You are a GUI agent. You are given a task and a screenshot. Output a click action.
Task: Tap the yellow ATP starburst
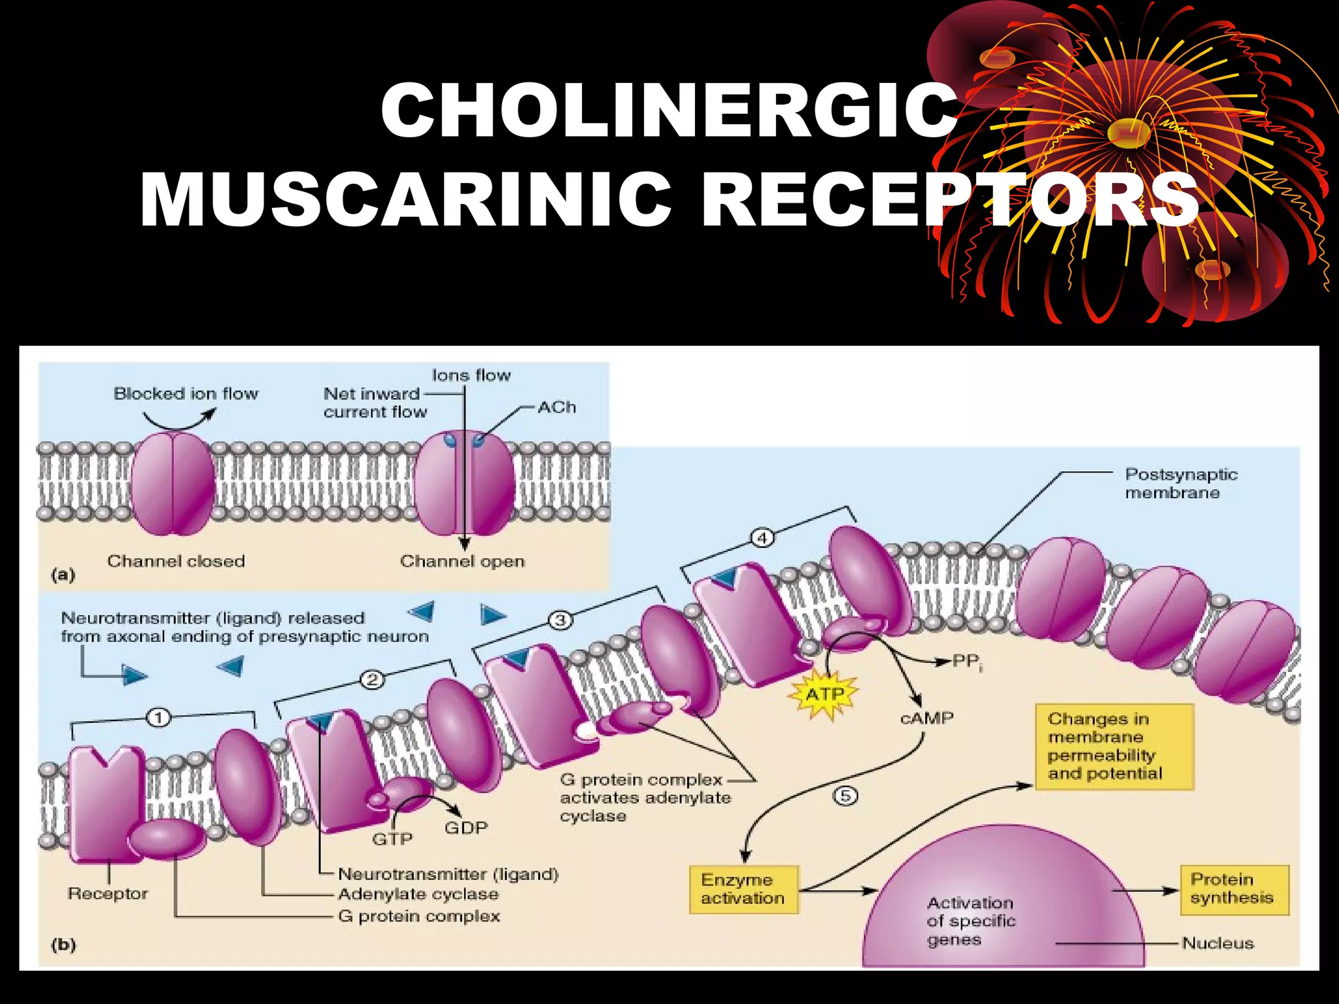(x=825, y=694)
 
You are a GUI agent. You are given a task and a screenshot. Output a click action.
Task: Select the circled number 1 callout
(x=159, y=718)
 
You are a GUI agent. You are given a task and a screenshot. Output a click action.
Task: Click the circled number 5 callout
(x=845, y=795)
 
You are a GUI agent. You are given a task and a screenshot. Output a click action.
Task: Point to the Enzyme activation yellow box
(x=743, y=889)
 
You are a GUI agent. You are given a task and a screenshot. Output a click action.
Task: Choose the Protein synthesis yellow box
(x=1233, y=889)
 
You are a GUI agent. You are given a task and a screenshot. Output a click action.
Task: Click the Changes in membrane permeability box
(x=1113, y=746)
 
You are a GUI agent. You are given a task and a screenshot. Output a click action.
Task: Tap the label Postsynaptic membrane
(x=1180, y=484)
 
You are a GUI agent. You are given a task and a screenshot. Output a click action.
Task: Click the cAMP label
(x=926, y=718)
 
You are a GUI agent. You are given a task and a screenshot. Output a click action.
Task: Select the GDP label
(x=466, y=828)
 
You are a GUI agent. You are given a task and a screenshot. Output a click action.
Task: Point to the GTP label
(x=392, y=839)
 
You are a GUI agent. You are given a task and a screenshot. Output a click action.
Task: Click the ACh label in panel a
(x=557, y=407)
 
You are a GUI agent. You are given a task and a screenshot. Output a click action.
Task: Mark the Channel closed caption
(x=176, y=561)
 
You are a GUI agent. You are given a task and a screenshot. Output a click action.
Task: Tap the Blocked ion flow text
(x=186, y=393)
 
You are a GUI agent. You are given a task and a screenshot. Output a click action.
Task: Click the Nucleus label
(x=1217, y=943)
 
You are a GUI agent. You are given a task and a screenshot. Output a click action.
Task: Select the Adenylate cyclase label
(x=418, y=894)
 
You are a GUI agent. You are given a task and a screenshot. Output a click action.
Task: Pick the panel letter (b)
(x=63, y=945)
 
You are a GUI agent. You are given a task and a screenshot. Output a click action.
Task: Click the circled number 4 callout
(x=762, y=539)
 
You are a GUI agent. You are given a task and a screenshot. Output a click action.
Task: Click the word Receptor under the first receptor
(x=108, y=894)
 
